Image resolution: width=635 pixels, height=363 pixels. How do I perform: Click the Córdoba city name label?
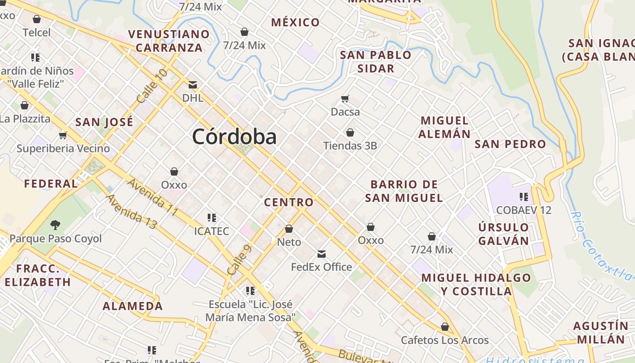click(234, 137)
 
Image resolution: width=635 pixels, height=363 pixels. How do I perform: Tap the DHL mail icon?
click(193, 84)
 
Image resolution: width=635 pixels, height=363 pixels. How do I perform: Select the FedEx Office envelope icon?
click(322, 254)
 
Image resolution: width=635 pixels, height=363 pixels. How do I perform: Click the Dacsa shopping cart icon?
click(345, 98)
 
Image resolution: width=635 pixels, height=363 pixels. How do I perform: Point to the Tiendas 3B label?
click(350, 146)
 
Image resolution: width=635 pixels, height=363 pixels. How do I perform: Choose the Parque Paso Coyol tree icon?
click(55, 225)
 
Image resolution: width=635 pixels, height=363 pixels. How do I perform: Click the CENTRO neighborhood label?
click(288, 202)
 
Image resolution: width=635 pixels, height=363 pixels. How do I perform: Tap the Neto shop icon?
click(289, 229)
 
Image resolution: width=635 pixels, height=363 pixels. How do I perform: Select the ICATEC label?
click(211, 231)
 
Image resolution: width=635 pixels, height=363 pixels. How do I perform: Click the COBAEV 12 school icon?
click(524, 197)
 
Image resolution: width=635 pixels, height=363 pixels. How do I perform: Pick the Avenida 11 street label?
click(152, 197)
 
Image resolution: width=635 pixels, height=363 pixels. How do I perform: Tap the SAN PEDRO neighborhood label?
click(510, 144)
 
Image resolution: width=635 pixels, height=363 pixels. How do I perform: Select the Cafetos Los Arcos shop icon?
click(445, 327)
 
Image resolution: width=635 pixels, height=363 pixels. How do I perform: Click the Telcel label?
click(37, 33)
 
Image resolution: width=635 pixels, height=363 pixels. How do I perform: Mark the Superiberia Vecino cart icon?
click(63, 135)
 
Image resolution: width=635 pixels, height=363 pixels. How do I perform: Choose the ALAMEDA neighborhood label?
click(132, 306)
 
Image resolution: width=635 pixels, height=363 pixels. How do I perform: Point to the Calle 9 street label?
click(239, 260)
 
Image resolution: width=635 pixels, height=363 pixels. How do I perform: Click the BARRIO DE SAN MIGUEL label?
click(404, 191)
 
